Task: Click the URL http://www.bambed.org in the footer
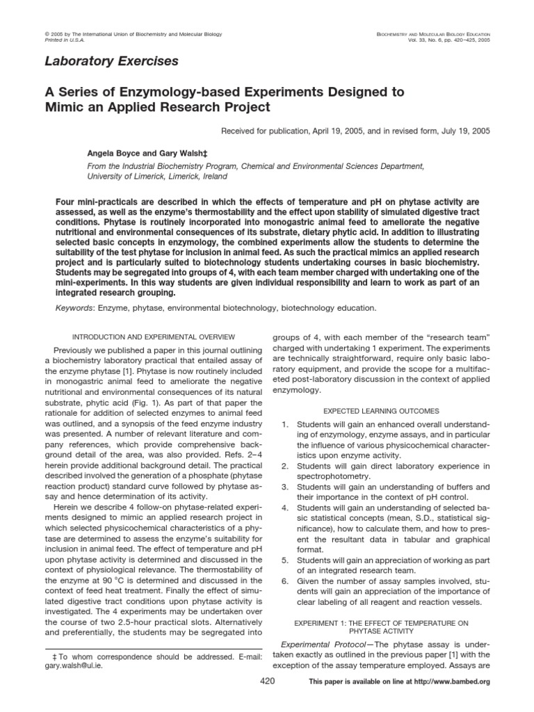tap(455, 682)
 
